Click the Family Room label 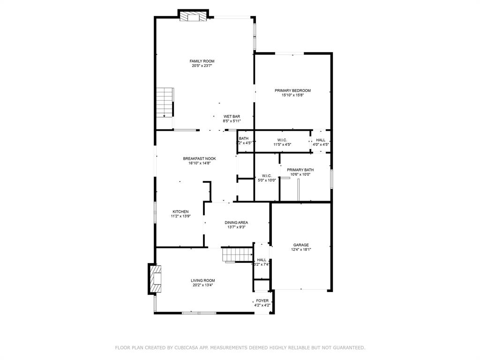[202, 61]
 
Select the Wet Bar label [232, 116]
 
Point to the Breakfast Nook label [196, 159]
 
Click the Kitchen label [180, 212]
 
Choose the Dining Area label [236, 223]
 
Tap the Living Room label [202, 280]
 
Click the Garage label [301, 245]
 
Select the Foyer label [262, 301]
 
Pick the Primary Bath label [300, 170]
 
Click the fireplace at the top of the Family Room [193, 16]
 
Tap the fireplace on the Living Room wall [155, 279]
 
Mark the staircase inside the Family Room [165, 102]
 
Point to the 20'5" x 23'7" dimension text [202, 66]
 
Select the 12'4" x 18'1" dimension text [301, 250]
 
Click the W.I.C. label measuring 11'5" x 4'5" [282, 140]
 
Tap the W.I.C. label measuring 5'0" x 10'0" [267, 176]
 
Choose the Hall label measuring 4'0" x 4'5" [321, 140]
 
